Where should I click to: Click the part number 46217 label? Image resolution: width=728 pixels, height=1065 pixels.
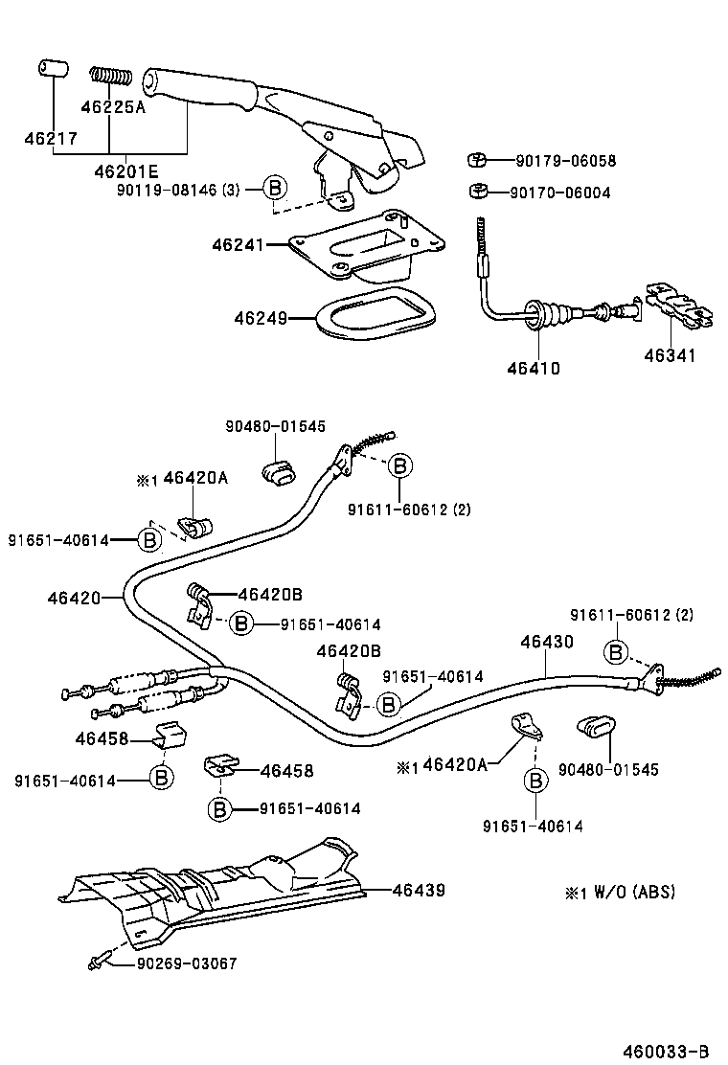point(51,139)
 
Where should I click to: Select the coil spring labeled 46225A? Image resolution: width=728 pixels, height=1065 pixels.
point(111,75)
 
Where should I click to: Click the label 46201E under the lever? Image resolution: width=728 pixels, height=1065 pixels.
point(125,171)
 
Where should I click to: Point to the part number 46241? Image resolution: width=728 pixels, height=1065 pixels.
point(237,245)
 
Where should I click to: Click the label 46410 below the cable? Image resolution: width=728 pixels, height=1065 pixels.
point(534,368)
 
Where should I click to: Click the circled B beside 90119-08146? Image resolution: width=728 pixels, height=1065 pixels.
point(275,189)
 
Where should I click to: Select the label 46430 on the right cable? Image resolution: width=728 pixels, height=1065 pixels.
point(547,643)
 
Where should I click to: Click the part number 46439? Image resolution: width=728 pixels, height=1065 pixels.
point(419,891)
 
